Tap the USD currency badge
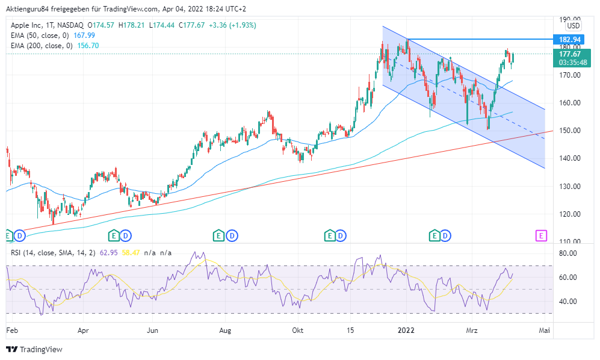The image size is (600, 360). click(574, 26)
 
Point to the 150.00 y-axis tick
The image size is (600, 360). click(568, 131)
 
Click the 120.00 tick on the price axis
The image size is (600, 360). click(568, 214)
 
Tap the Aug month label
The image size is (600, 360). click(225, 331)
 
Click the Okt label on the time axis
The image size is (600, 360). click(297, 331)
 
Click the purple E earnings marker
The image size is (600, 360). click(542, 235)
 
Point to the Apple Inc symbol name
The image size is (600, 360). click(28, 25)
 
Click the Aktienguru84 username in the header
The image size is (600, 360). click(28, 9)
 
